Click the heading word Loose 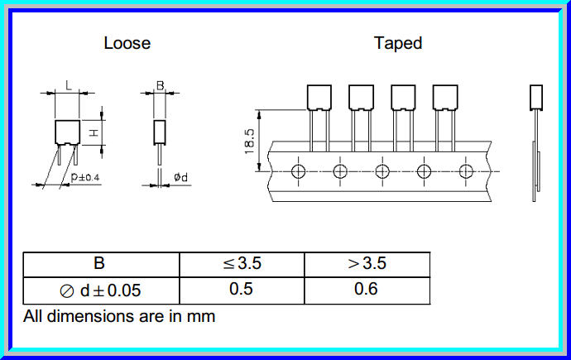pyautogui.click(x=127, y=43)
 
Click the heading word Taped pyautogui.click(x=398, y=43)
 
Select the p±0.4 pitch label pyautogui.click(x=85, y=176)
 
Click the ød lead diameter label pyautogui.click(x=180, y=176)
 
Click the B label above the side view pyautogui.click(x=160, y=85)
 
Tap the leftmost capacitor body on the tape pyautogui.click(x=319, y=98)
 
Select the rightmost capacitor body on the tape pyautogui.click(x=445, y=98)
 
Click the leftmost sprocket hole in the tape pyautogui.click(x=298, y=171)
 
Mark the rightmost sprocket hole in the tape pyautogui.click(x=466, y=171)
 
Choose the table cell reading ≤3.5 pyautogui.click(x=242, y=265)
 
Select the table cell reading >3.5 pyautogui.click(x=367, y=265)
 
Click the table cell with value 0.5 pyautogui.click(x=242, y=290)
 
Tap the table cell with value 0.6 pyautogui.click(x=367, y=290)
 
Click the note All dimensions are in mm pyautogui.click(x=119, y=315)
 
